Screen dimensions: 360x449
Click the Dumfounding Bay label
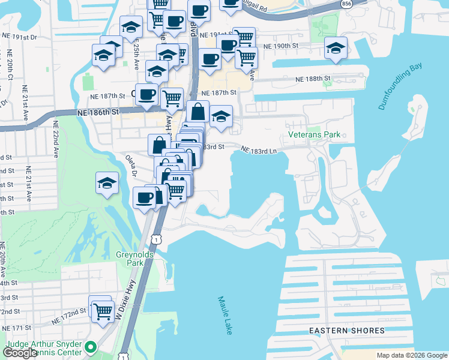[x=400, y=86]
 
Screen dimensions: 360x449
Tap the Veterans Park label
[x=314, y=134]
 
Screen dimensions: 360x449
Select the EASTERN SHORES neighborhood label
[x=347, y=331]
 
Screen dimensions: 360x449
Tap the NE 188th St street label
[x=313, y=79]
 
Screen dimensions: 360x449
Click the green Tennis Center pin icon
[x=91, y=346]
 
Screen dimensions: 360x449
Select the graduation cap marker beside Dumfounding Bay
[x=336, y=47]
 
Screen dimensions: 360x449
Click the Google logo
[x=20, y=352]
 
